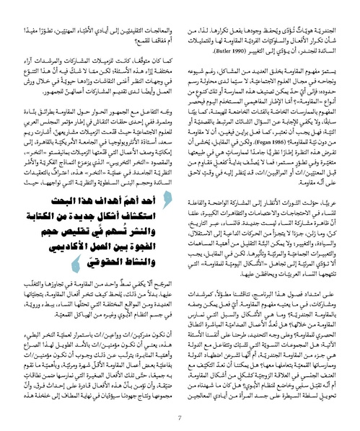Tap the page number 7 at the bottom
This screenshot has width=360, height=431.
tap(180, 416)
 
